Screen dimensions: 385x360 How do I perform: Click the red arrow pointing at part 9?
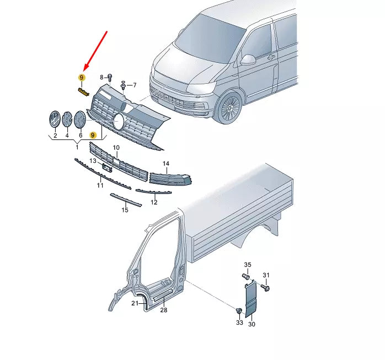pos(96,50)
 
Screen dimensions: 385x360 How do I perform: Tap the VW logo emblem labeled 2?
pos(55,119)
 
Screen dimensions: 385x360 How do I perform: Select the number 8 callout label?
pos(101,78)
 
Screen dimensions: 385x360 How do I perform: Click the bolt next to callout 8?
pos(110,78)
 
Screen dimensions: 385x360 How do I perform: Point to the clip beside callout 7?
pos(123,85)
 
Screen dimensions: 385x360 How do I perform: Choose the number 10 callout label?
pos(116,148)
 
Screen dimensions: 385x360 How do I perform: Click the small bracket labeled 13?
pos(108,168)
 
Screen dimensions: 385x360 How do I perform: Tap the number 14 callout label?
pos(166,163)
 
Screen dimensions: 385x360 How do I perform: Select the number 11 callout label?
pos(100,186)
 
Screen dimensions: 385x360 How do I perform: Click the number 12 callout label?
pos(154,202)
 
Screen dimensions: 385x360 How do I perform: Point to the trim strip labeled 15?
pos(126,200)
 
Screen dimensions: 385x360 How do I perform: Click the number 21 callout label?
pos(135,303)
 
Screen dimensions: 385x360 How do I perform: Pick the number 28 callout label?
pos(164,310)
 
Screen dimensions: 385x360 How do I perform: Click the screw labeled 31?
pos(265,287)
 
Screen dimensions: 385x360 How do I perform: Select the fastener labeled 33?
pos(239,311)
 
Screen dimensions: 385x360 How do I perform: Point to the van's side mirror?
pos(248,59)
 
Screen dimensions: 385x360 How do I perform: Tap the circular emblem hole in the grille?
pos(119,121)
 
